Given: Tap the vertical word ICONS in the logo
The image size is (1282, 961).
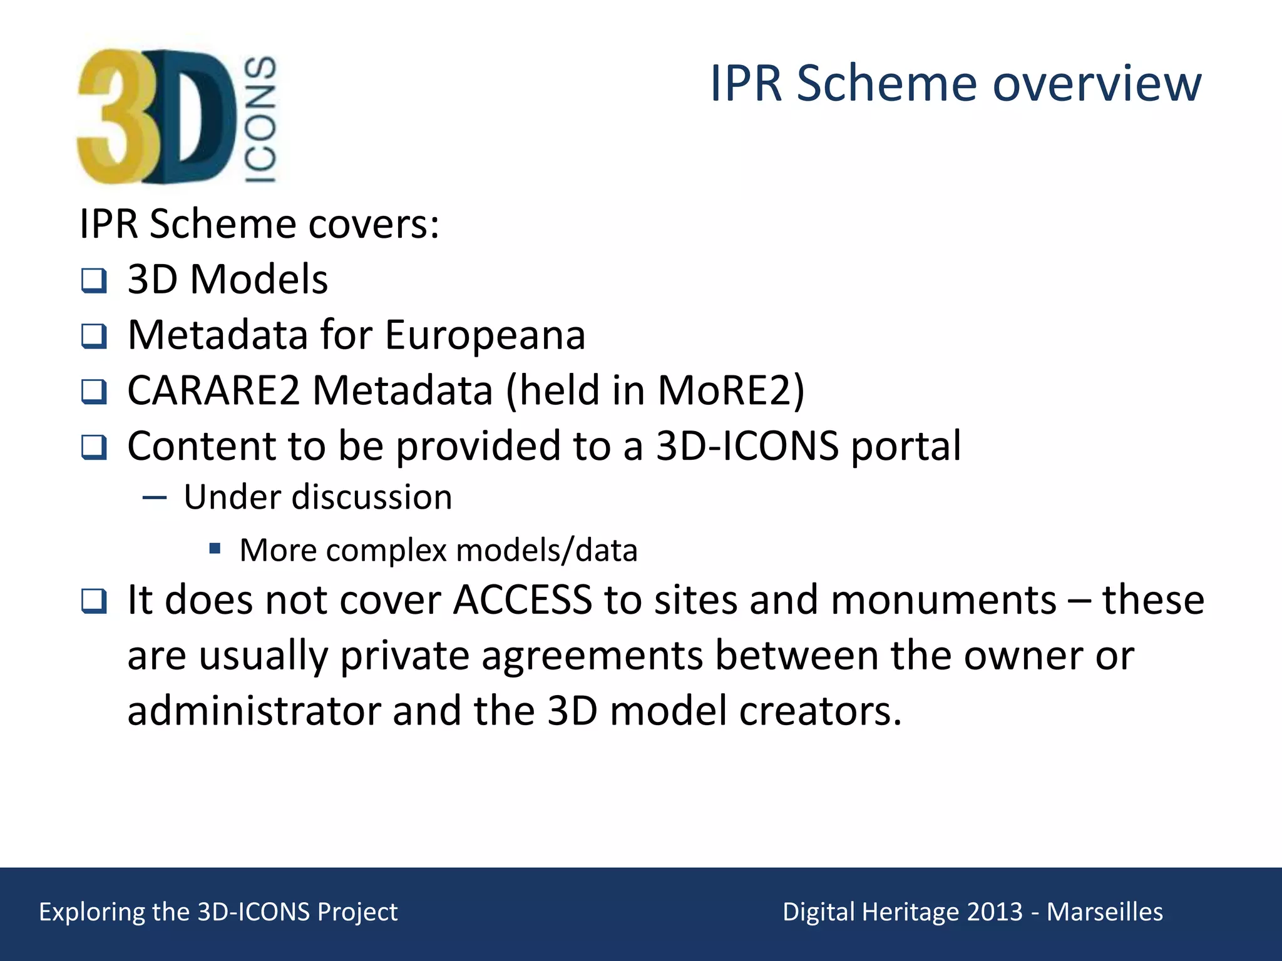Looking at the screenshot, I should [260, 119].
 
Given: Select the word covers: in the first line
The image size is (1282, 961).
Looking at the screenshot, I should [374, 224].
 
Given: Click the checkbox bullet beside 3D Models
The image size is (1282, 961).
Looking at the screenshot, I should [94, 280].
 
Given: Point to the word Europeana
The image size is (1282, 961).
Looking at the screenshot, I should [485, 335].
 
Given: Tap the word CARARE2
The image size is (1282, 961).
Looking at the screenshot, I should [213, 390].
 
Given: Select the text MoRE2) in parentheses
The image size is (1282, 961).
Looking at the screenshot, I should [731, 390].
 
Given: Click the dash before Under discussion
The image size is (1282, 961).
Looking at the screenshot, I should [154, 498].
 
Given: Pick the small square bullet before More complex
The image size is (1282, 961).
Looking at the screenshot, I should [215, 549].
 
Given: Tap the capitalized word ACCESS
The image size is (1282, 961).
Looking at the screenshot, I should [522, 600].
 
